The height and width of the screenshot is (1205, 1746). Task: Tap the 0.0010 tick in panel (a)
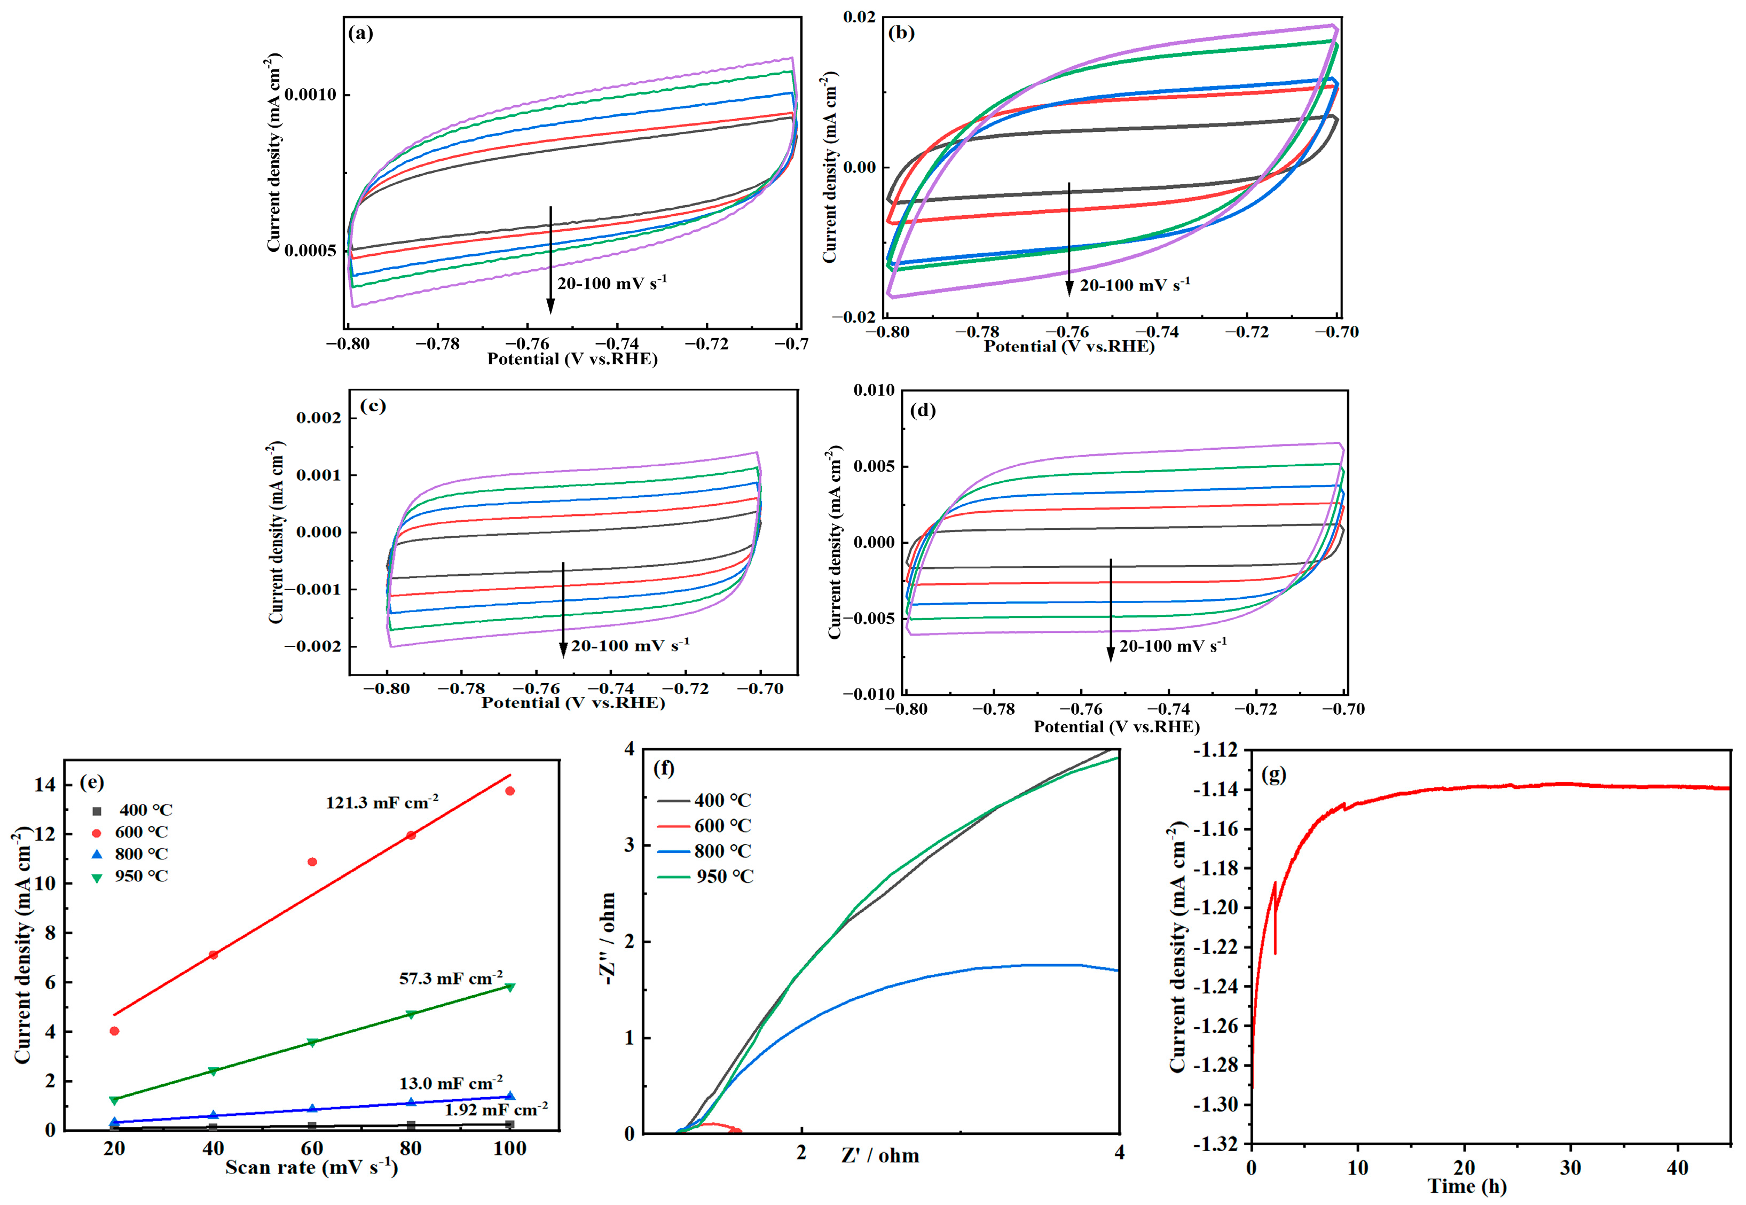pos(310,95)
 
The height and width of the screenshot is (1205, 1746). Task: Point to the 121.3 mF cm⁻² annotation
pos(382,803)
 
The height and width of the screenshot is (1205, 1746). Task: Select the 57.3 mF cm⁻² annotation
pos(451,979)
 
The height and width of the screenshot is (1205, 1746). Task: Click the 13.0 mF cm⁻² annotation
pos(451,1083)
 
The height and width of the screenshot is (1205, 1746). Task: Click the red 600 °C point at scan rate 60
pos(312,862)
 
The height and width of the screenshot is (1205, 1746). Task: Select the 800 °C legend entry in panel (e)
pos(132,854)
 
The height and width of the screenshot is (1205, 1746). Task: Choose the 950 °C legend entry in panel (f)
pos(705,877)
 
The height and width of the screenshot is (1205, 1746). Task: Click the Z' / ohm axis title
pos(880,1156)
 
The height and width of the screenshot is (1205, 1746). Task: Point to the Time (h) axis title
pos(1467,1186)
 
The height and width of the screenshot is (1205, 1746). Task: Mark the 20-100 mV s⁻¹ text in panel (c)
pos(630,646)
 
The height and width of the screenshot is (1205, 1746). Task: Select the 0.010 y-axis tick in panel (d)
pos(874,390)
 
